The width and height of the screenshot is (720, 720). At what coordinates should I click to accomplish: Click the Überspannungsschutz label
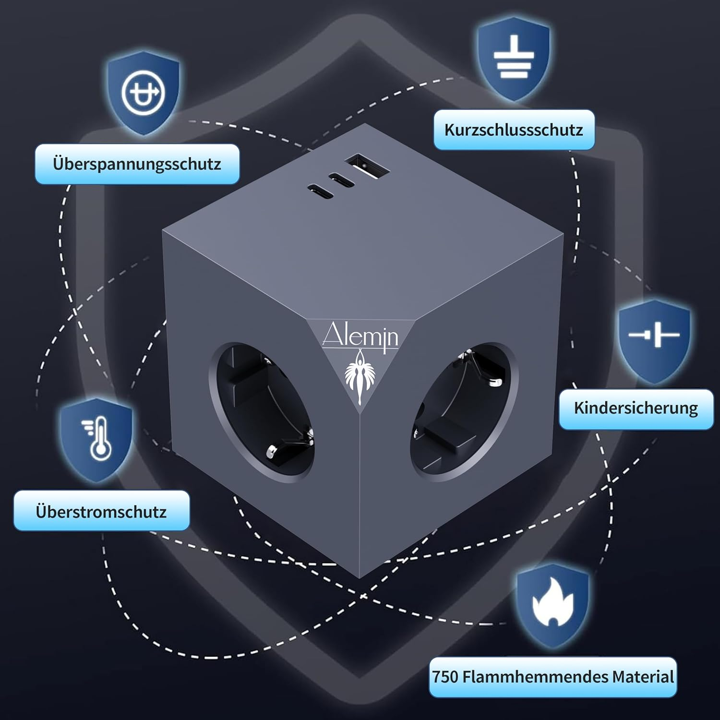click(x=137, y=164)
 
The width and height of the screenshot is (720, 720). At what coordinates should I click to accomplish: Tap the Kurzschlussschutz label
click(x=514, y=130)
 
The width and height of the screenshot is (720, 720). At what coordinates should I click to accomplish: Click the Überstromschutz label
click(x=101, y=511)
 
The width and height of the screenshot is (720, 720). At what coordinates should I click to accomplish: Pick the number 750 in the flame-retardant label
click(x=445, y=677)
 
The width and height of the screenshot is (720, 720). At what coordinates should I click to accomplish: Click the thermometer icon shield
click(x=96, y=439)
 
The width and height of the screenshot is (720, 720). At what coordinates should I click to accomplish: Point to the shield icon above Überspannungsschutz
click(x=143, y=91)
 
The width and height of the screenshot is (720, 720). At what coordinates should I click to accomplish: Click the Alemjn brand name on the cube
click(x=360, y=336)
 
